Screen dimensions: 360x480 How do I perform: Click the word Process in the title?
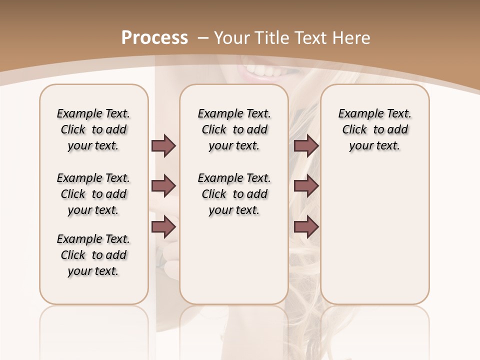pyautogui.click(x=154, y=38)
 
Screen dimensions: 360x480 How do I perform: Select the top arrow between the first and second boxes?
pyautogui.click(x=163, y=145)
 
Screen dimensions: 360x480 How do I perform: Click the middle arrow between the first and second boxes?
pyautogui.click(x=163, y=186)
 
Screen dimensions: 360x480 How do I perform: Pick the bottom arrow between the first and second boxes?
pyautogui.click(x=163, y=226)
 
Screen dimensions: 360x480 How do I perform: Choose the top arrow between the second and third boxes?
pyautogui.click(x=306, y=145)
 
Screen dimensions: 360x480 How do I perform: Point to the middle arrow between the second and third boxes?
pyautogui.click(x=306, y=186)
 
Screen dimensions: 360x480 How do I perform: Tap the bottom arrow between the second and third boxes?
pyautogui.click(x=306, y=226)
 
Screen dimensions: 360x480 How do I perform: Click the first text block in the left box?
pyautogui.click(x=93, y=129)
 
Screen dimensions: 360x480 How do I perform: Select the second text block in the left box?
pyautogui.click(x=93, y=194)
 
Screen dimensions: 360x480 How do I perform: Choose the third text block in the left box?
pyautogui.click(x=93, y=255)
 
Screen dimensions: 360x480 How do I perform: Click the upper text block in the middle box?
pyautogui.click(x=234, y=129)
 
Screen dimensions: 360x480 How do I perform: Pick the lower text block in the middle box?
pyautogui.click(x=234, y=194)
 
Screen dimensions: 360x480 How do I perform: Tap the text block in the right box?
pyautogui.click(x=374, y=129)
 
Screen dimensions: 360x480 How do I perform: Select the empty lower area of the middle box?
pyautogui.click(x=234, y=260)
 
